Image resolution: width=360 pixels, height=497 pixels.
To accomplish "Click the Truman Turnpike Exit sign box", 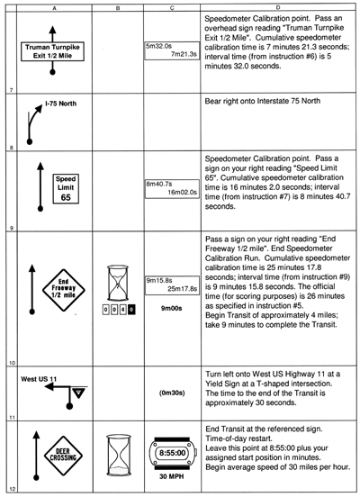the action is pos(52,51).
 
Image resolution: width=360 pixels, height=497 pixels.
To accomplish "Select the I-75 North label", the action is pos(60,104).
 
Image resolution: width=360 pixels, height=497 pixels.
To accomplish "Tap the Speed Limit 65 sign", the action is pos(66,188).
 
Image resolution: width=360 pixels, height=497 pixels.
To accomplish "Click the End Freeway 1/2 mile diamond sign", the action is pos(64,290).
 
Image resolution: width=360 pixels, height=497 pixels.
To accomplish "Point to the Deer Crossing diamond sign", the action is pos(63,456).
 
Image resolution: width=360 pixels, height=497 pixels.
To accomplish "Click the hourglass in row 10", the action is pos(118,283).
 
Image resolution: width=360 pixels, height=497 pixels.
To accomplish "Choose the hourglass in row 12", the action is pos(119,455).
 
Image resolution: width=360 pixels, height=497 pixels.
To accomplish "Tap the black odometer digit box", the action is pos(131,310).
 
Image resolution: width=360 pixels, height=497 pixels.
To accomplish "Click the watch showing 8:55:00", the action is pos(173,453).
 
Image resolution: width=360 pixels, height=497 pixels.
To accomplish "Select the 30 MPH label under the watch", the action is pos(171,476).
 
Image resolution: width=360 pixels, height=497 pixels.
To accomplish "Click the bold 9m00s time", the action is pos(171,308).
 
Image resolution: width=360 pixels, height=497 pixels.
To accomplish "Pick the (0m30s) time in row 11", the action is pos(172,393).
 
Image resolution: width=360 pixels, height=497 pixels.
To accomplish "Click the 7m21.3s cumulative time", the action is pos(184,54).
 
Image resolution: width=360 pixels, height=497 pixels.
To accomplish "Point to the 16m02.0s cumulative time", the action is pos(182,192).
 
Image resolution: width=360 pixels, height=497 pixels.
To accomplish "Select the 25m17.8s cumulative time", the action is pos(182,289).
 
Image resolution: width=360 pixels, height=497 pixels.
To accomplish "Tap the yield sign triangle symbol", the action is pos(79,393).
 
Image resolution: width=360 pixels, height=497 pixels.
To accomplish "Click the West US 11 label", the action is pos(39,379).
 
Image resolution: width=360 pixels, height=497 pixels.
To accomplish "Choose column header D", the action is pos(278,8).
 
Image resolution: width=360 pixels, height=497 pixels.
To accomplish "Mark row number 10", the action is pos(12,363).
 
